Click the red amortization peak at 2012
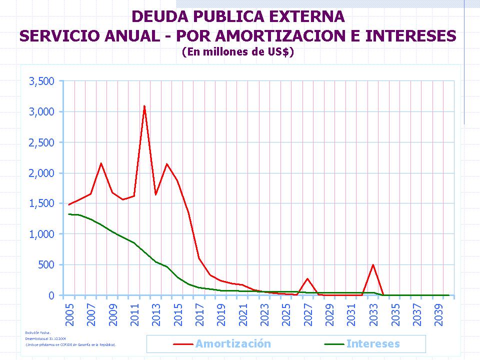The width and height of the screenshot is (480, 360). pyautogui.click(x=144, y=106)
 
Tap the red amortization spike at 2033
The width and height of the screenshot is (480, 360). pyautogui.click(x=372, y=264)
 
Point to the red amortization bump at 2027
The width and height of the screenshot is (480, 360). pyautogui.click(x=307, y=278)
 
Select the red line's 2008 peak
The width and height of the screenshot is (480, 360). pyautogui.click(x=101, y=163)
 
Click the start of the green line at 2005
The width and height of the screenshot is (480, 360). pyautogui.click(x=69, y=214)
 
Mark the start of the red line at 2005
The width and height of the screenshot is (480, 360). pyautogui.click(x=69, y=204)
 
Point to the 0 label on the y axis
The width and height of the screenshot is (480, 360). pyautogui.click(x=51, y=295)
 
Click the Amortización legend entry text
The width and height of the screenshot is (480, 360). pyautogui.click(x=233, y=344)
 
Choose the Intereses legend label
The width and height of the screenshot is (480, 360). pyautogui.click(x=373, y=344)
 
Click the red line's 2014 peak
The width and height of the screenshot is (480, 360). pyautogui.click(x=166, y=164)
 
